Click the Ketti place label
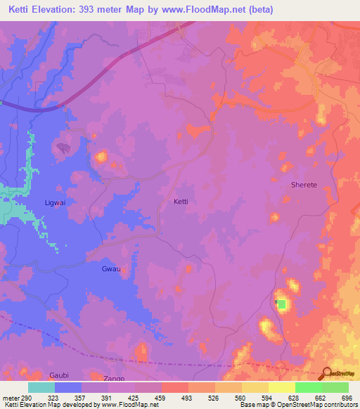pyautogui.click(x=181, y=201)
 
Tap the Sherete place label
pyautogui.click(x=304, y=185)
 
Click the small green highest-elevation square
pyautogui.click(x=282, y=304)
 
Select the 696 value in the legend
pyautogui.click(x=346, y=398)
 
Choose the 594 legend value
pyautogui.click(x=267, y=398)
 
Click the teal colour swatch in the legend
pyautogui.click(x=41, y=387)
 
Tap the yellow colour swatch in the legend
pyautogui.click(x=281, y=387)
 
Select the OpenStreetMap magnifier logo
pyautogui.click(x=326, y=374)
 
